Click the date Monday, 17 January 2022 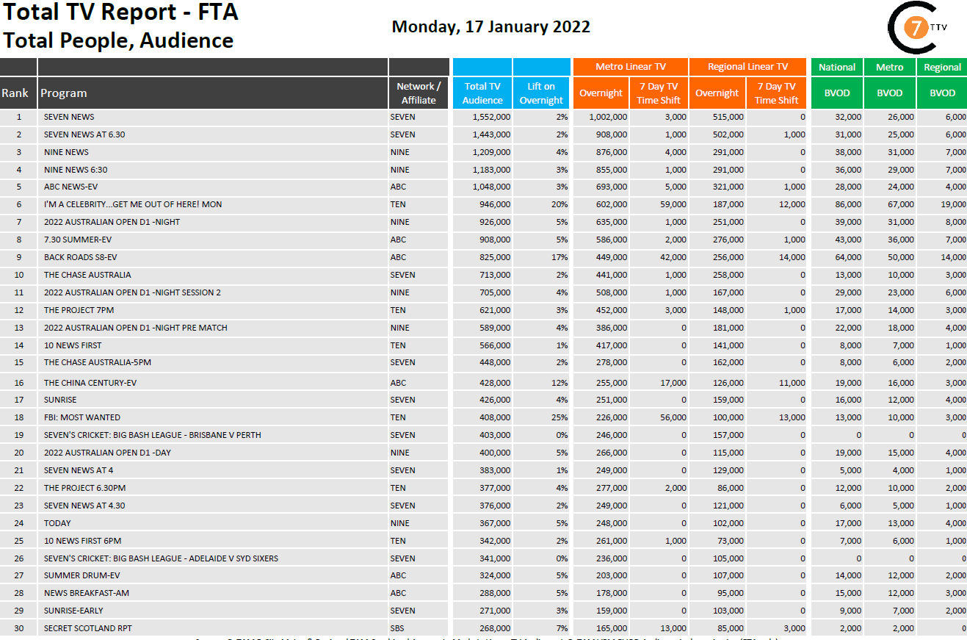[x=490, y=26]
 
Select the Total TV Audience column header [x=482, y=93]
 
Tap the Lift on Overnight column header [x=541, y=93]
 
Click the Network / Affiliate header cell [x=419, y=93]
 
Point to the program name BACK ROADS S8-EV [x=81, y=257]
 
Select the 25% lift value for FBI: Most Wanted [x=559, y=417]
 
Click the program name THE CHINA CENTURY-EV [x=90, y=383]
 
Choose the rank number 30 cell [x=19, y=628]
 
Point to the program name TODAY [x=57, y=523]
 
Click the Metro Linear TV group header [x=630, y=67]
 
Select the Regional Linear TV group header [x=747, y=67]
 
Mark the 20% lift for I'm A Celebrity [x=559, y=204]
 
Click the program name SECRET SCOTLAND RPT [x=88, y=628]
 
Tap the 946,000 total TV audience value [x=493, y=204]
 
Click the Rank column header [x=15, y=93]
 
